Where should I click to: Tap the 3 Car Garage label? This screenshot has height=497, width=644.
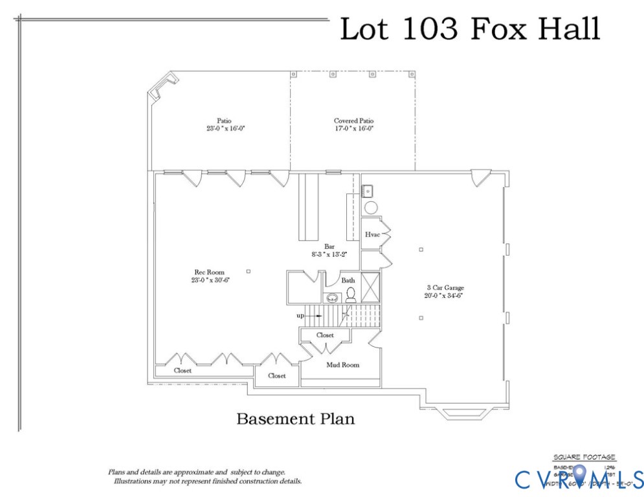[445, 287]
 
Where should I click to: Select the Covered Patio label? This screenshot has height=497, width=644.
[353, 121]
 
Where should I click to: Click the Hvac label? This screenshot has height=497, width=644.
[372, 235]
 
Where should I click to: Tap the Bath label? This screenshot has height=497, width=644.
[348, 280]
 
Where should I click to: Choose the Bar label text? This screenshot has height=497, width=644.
[329, 247]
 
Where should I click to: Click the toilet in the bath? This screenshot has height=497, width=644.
[351, 296]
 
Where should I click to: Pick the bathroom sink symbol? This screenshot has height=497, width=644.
[333, 298]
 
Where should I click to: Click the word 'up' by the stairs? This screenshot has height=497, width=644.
[300, 316]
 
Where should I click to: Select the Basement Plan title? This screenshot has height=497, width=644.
[295, 419]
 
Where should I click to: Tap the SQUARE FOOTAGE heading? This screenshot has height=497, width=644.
[584, 458]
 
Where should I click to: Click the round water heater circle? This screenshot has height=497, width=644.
[372, 208]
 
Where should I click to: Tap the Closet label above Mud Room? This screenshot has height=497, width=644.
[325, 335]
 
